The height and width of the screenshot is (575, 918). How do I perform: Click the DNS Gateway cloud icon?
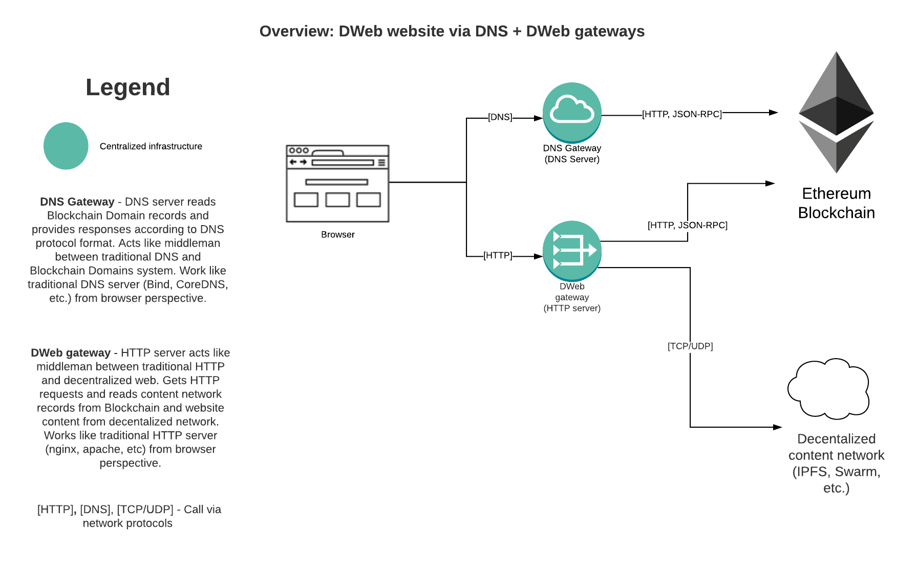coord(572,112)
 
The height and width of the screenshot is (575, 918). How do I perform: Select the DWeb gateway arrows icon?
coord(572,250)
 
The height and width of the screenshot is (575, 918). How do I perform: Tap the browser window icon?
coord(337,183)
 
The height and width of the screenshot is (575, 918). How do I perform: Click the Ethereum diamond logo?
coord(836,112)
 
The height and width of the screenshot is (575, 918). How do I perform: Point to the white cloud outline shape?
coord(828,389)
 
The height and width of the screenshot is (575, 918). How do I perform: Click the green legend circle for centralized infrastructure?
coord(66,146)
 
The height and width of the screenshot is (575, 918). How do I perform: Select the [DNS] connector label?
coord(500,117)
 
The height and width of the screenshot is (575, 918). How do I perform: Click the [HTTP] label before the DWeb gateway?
coord(498,255)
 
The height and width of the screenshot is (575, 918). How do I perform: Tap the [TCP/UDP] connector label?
coord(690,346)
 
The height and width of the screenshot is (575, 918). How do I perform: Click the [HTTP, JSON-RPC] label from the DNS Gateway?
coord(681,114)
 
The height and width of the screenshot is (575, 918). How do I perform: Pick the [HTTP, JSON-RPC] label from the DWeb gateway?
coord(687,225)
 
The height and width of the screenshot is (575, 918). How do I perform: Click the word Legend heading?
coord(127,87)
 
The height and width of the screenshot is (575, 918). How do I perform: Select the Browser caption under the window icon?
coord(337,235)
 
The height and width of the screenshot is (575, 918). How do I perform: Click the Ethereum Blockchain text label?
coord(836,203)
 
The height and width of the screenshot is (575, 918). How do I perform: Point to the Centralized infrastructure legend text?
coord(151,146)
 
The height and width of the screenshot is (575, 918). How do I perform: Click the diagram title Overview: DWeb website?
coord(452,31)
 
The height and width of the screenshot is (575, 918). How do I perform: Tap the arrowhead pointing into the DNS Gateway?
coord(538,118)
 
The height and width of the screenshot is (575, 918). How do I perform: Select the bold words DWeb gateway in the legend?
coord(71,353)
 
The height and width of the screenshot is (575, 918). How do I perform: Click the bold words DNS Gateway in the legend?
coord(77,202)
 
